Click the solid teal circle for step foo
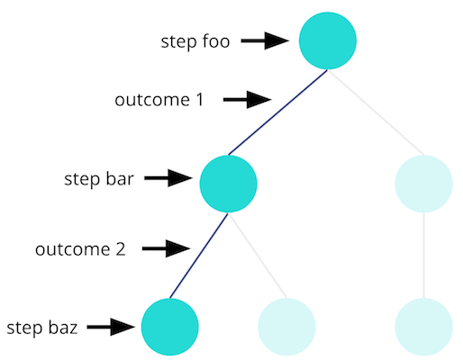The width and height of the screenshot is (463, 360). (328, 40)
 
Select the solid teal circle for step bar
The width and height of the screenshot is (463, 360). (228, 184)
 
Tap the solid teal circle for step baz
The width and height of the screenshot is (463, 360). (170, 327)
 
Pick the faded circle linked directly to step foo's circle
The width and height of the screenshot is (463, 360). (423, 184)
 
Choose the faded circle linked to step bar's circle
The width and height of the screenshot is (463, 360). (286, 327)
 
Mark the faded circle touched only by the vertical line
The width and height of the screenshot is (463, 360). (423, 327)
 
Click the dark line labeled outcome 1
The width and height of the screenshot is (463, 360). (278, 112)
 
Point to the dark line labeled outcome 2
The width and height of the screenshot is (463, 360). (199, 256)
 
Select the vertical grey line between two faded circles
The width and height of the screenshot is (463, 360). (424, 256)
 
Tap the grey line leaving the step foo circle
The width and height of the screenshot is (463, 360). (376, 112)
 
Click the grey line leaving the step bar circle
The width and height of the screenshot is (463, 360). (258, 256)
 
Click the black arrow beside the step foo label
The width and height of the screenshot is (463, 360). (265, 40)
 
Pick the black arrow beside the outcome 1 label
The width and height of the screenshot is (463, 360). (247, 100)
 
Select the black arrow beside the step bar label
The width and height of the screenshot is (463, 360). (168, 178)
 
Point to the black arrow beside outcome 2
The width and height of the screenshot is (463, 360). (166, 248)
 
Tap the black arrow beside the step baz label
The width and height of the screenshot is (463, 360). (111, 327)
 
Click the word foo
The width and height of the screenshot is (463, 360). (216, 40)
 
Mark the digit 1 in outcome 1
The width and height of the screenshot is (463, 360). (200, 100)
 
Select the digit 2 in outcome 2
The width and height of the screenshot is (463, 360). (121, 249)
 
